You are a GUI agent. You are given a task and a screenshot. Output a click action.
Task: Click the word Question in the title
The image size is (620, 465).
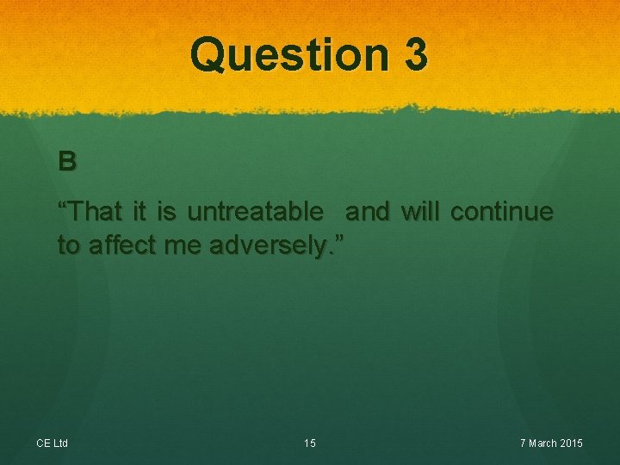[x=288, y=55]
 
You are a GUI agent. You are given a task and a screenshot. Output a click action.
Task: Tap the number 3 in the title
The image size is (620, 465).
[x=414, y=55]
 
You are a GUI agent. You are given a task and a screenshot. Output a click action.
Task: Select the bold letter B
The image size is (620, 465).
[x=67, y=161]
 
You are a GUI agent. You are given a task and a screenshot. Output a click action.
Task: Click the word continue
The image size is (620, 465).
[x=502, y=211]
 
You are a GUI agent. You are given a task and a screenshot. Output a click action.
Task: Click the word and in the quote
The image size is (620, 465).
[x=368, y=211]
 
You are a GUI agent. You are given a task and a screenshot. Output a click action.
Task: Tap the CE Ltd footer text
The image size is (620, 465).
[x=52, y=443]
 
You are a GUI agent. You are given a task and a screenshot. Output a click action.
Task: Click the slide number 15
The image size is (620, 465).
[x=310, y=443]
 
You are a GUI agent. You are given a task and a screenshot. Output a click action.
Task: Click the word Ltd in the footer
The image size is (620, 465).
[x=60, y=443]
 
